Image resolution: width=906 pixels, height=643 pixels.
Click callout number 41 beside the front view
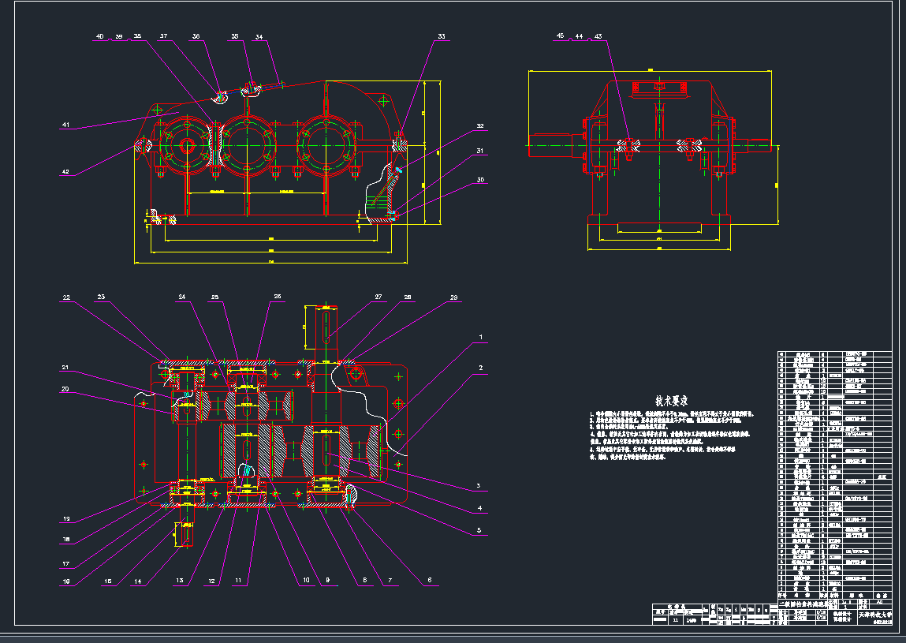(x=66, y=125)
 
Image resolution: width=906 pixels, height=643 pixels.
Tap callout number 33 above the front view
(x=442, y=36)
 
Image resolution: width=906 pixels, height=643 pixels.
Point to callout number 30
(x=479, y=180)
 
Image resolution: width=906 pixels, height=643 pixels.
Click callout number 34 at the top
(x=259, y=36)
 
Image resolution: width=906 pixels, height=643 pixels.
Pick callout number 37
(x=164, y=36)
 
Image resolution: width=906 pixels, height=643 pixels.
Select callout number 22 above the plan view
(x=66, y=297)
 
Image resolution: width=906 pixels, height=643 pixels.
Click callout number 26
(x=277, y=297)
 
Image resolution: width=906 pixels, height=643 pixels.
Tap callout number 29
(x=453, y=297)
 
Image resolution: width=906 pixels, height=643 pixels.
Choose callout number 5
(x=479, y=531)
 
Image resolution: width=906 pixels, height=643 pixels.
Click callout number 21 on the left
(x=66, y=368)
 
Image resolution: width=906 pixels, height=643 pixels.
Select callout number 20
(x=66, y=388)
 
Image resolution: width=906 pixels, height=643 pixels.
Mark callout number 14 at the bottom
(x=138, y=581)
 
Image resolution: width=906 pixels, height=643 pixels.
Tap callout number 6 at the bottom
(x=430, y=580)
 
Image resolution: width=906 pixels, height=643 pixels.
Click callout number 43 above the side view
(x=598, y=36)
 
